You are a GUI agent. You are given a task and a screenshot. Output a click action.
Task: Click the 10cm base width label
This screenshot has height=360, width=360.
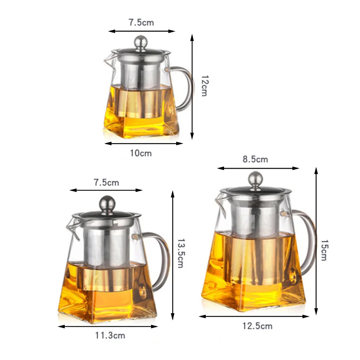(141, 153)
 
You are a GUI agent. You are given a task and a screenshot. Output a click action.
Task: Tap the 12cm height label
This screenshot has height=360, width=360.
(205, 86)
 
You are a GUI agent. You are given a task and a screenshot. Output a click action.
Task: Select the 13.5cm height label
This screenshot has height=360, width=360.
(181, 253)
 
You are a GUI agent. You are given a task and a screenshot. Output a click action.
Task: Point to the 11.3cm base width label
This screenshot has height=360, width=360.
(110, 336)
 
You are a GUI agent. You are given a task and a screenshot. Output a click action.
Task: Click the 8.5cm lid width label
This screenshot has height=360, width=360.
(255, 159)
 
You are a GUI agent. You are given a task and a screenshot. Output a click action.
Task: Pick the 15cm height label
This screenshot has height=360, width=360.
(324, 250)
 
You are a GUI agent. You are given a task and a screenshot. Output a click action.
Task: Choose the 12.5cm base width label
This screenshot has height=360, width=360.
(258, 326)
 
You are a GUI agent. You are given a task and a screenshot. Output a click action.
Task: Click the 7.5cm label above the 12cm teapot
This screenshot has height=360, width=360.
(141, 23)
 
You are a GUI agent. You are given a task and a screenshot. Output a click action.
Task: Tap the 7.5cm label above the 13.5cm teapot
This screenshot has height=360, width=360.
(106, 183)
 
